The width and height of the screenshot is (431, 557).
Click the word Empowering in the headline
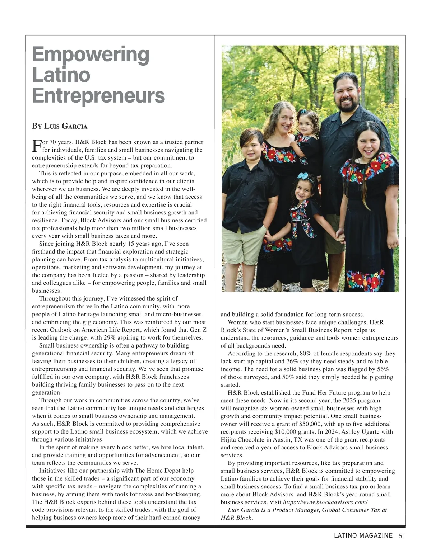point(91,55)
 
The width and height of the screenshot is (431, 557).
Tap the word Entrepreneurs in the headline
point(98,95)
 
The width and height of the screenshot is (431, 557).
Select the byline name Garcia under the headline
point(75,126)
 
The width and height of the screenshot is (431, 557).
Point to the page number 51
point(402,536)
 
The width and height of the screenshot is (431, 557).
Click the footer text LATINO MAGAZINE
point(363,536)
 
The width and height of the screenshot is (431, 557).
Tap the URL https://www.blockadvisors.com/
point(325,502)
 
